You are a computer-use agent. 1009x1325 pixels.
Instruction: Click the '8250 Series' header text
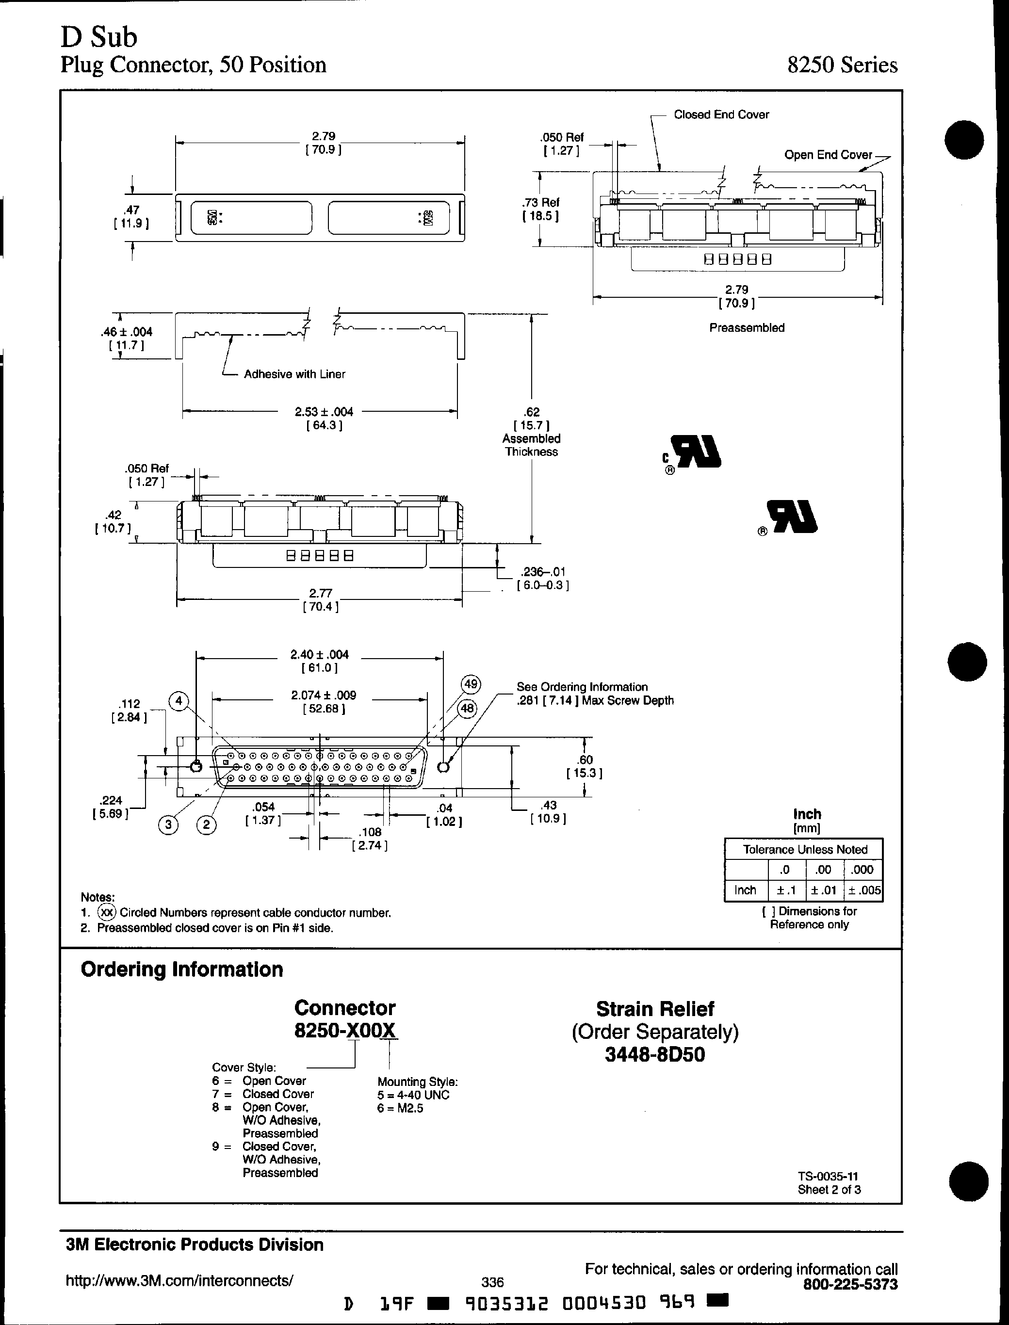842,65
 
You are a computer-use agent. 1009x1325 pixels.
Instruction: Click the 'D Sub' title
98,37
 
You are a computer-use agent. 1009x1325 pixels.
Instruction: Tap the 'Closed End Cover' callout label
721,114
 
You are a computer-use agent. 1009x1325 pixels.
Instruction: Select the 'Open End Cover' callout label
828,155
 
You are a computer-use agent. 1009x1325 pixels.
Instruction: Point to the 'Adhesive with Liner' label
294,374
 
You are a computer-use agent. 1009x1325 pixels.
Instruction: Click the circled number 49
470,684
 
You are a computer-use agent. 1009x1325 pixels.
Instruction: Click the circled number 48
467,709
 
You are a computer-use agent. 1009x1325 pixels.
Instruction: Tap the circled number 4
179,701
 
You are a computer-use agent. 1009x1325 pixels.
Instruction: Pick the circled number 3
169,825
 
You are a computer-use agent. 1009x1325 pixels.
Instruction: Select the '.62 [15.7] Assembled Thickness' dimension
532,432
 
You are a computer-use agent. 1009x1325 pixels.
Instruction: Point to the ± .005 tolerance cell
863,890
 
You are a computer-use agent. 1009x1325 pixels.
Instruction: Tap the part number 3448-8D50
655,1054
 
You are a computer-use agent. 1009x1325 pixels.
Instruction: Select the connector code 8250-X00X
345,1030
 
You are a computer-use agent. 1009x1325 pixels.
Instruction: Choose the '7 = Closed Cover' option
263,1094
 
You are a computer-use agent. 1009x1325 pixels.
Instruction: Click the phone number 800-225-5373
850,1284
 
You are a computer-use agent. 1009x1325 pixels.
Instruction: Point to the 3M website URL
179,1280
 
